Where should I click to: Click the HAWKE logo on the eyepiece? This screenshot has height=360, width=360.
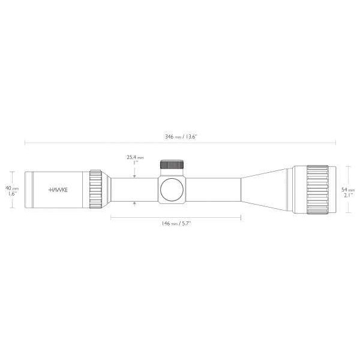tap(58, 189)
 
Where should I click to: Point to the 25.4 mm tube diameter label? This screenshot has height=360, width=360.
tap(135, 157)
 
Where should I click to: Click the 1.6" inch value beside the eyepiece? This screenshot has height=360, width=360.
tap(9, 194)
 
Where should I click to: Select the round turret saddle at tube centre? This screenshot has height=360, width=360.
tap(172, 188)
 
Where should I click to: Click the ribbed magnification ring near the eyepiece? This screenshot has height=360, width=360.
tap(96, 189)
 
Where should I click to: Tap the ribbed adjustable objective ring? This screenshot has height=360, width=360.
tap(316, 188)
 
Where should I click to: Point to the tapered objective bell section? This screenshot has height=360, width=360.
tap(267, 188)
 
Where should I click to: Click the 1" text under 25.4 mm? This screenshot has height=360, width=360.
tap(135, 163)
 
